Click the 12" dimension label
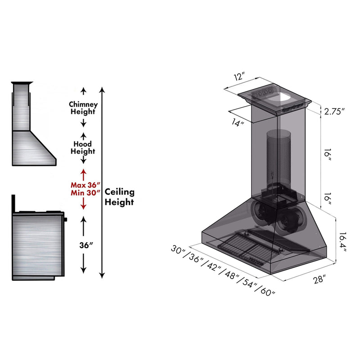click(x=238, y=76)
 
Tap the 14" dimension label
click(x=237, y=122)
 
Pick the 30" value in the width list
click(x=177, y=249)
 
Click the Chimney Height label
click(x=83, y=108)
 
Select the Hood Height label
click(x=83, y=148)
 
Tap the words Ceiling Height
click(x=119, y=197)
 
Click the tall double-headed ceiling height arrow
click(x=103, y=180)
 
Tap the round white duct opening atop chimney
click(x=285, y=96)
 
